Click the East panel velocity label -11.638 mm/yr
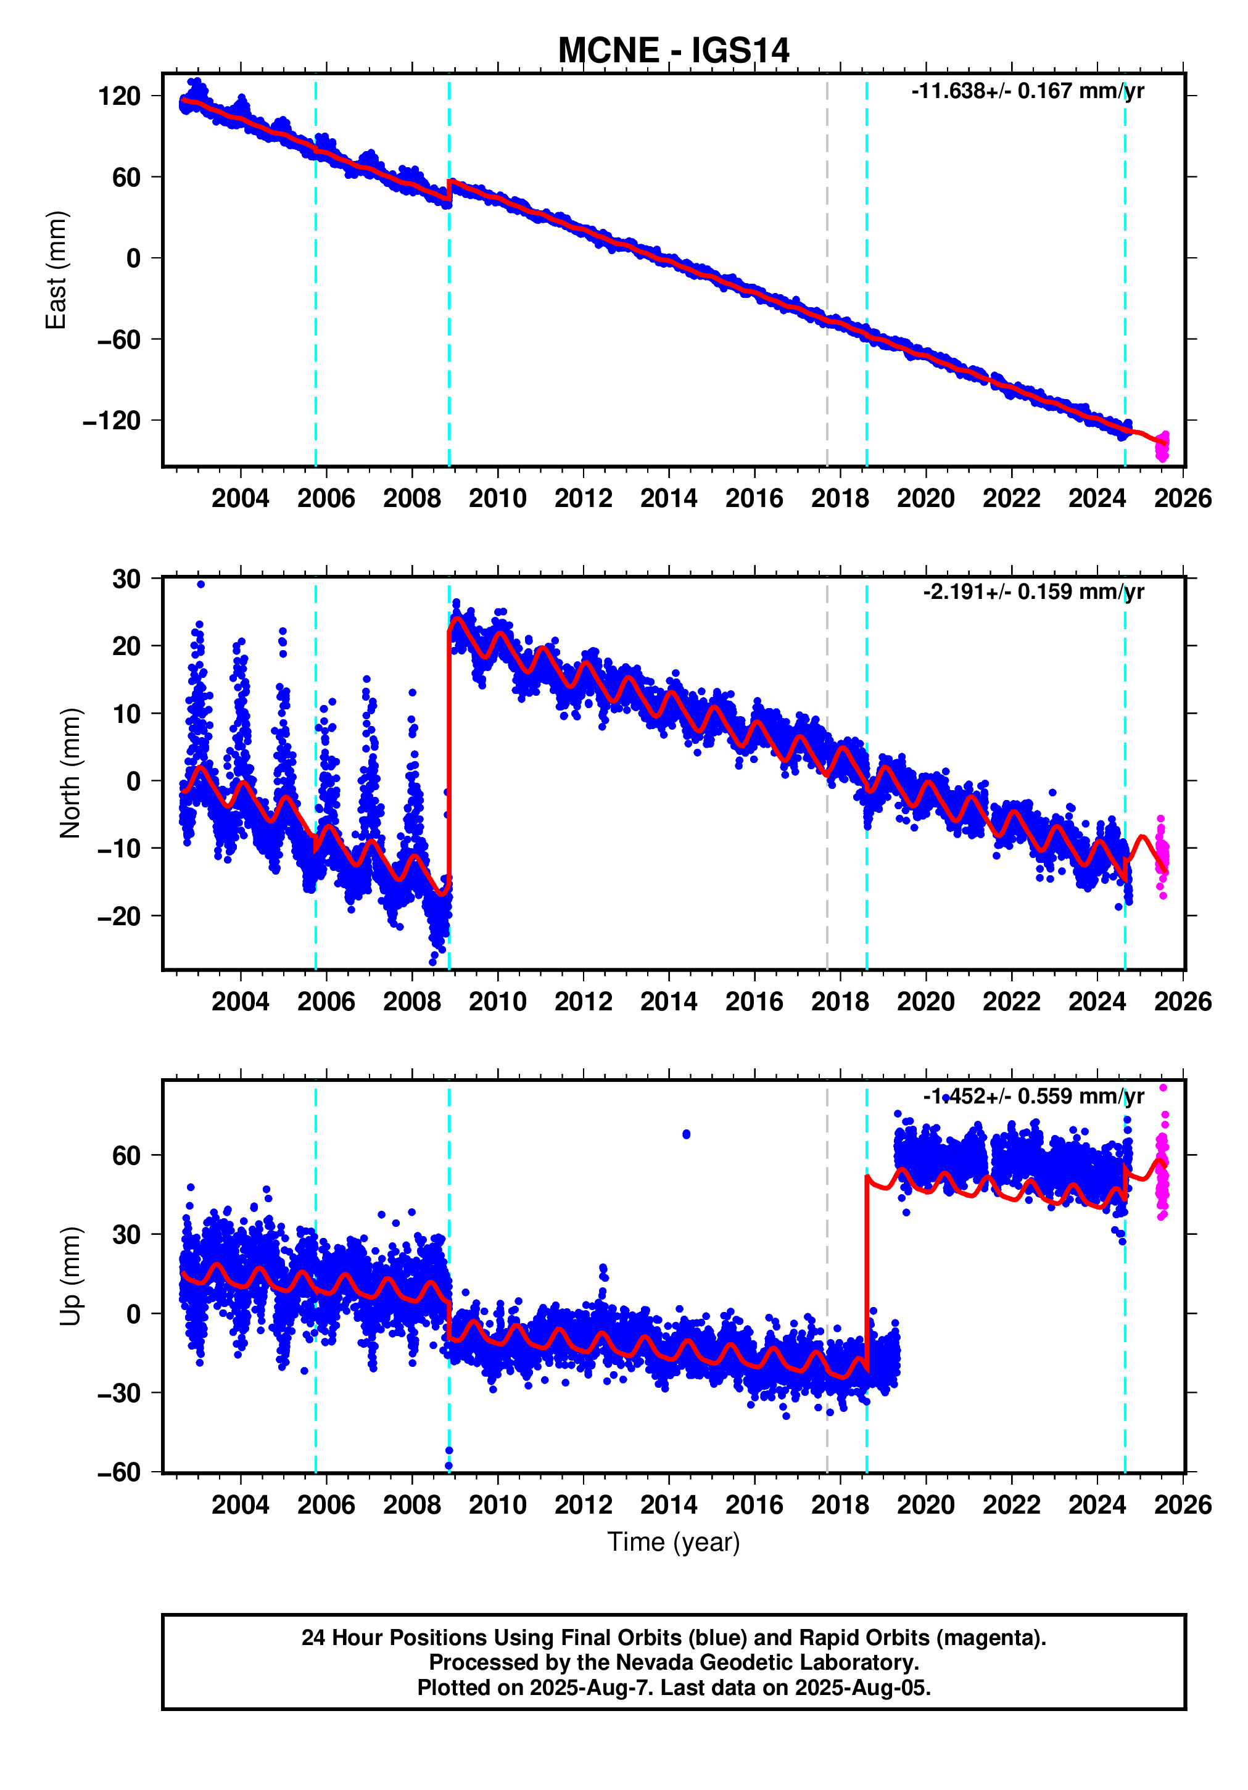[1027, 91]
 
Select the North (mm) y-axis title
[70, 773]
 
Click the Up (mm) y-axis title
[70, 1276]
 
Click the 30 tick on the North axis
[126, 579]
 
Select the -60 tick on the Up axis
[118, 1473]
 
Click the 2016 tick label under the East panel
[754, 498]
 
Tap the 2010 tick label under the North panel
[497, 1002]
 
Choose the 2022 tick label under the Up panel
[1011, 1504]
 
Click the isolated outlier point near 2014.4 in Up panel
[686, 1134]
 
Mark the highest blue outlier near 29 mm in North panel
[200, 584]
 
